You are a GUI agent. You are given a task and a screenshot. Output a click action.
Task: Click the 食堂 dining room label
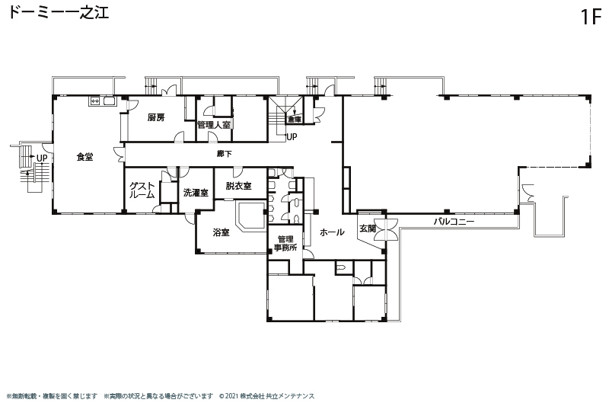[84, 157]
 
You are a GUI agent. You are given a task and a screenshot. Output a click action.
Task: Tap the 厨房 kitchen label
[156, 117]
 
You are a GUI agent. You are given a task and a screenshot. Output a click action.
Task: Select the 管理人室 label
[214, 125]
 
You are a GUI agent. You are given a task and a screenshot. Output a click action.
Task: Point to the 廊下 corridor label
[224, 154]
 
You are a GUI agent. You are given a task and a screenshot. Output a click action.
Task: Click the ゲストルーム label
[142, 190]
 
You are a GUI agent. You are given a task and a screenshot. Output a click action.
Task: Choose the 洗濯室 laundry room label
[196, 192]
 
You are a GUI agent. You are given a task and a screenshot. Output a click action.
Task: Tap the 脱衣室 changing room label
[238, 186]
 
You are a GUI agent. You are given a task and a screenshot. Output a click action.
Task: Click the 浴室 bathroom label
[221, 232]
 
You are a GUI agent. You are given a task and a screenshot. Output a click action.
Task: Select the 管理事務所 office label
[285, 243]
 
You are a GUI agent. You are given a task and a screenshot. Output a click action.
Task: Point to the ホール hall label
[332, 232]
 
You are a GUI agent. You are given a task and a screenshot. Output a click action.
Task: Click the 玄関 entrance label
[367, 229]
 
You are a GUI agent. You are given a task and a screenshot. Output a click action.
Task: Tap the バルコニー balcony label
[454, 222]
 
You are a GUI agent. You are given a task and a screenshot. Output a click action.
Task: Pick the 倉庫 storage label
[295, 120]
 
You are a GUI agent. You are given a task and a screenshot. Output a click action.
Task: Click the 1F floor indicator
[591, 17]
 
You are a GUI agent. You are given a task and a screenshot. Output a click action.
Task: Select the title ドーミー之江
[59, 12]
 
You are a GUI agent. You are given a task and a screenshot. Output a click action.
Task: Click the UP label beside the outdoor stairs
[42, 158]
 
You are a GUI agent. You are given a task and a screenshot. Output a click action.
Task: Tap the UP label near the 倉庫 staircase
[292, 137]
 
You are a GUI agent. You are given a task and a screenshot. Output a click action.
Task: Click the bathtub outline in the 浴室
[251, 216]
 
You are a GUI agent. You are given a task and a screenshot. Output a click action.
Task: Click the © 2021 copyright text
[267, 396]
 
